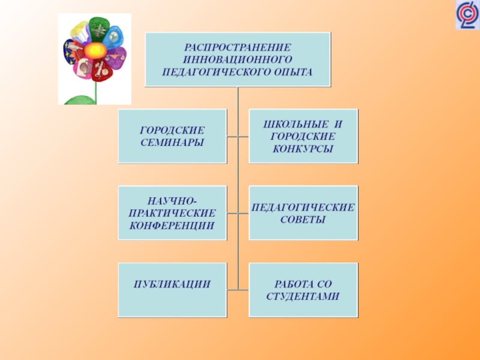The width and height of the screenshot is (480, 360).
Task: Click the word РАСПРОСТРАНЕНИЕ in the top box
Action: coord(238,47)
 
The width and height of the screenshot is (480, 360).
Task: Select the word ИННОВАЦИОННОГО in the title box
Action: coord(238,59)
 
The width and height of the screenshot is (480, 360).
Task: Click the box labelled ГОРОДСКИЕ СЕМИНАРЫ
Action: coord(172,136)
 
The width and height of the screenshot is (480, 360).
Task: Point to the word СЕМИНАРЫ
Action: coord(172,142)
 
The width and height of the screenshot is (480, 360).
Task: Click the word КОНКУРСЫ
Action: coord(303,148)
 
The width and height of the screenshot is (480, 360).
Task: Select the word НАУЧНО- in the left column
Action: coord(172,202)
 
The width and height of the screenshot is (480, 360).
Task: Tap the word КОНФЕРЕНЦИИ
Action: coord(172,226)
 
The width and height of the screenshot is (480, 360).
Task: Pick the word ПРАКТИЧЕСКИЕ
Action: coord(172,214)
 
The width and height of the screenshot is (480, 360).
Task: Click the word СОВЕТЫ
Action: coord(303,220)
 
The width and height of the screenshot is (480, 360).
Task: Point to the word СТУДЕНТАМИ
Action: coord(303,296)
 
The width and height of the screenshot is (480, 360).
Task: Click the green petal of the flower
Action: coord(98,28)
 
